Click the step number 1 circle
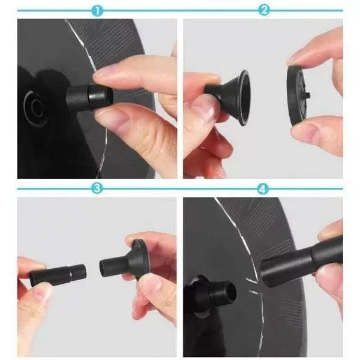tap(97, 10)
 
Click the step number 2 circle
tap(263, 10)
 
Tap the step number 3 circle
tap(97, 188)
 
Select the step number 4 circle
tap(263, 188)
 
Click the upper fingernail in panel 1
tap(107, 71)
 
